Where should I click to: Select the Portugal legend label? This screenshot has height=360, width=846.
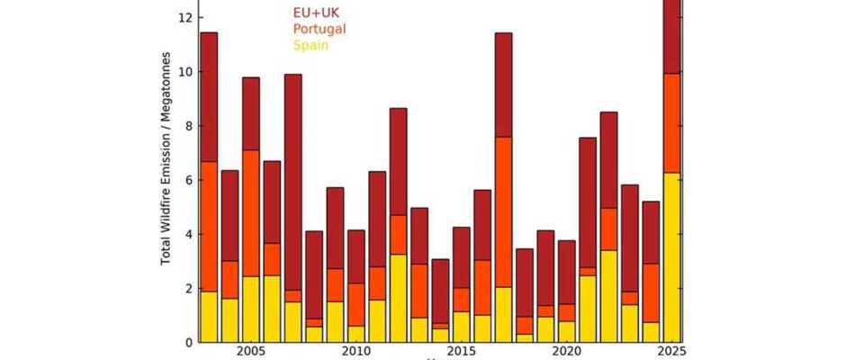[x=319, y=29]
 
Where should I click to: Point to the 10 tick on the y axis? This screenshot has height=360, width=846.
[x=185, y=72]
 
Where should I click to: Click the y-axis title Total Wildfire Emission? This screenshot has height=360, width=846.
[x=167, y=180]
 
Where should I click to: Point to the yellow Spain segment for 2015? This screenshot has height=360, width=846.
[x=461, y=327]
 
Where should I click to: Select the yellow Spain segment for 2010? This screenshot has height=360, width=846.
[x=355, y=334]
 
